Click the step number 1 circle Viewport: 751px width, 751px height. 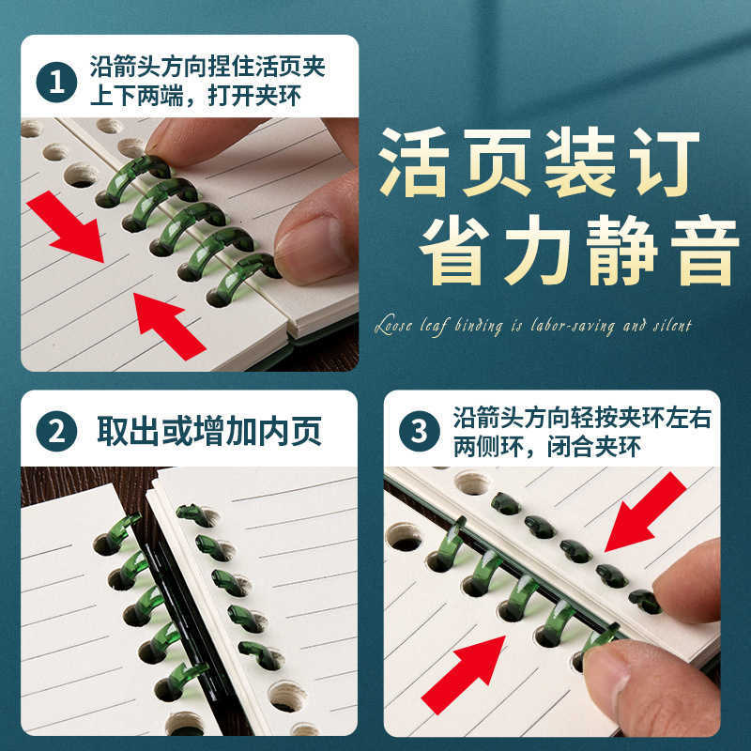click(x=56, y=82)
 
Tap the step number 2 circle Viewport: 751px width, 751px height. click(x=56, y=431)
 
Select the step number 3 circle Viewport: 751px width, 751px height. click(x=419, y=431)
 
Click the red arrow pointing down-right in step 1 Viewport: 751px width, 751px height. click(x=66, y=226)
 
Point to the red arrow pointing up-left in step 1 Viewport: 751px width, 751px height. click(x=169, y=326)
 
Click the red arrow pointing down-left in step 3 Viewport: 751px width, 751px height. click(x=645, y=512)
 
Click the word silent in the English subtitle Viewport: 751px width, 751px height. click(x=672, y=326)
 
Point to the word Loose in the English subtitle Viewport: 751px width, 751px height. click(x=393, y=326)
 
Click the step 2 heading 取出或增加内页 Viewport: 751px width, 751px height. click(x=209, y=431)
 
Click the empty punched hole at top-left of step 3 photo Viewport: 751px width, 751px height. click(x=405, y=536)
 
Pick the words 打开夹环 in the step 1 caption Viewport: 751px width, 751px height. click(x=254, y=97)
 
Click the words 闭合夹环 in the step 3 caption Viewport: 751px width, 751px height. click(x=593, y=448)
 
